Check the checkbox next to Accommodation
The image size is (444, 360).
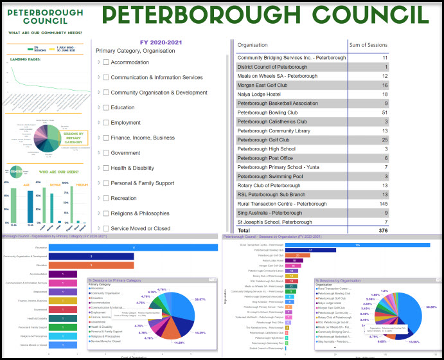tap(106, 62)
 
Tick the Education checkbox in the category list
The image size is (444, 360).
tap(106, 107)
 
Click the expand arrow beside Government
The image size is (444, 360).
tap(99, 152)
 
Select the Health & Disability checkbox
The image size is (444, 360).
tap(106, 168)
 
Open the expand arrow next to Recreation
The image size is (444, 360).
tap(99, 198)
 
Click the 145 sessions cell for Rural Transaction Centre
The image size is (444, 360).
tap(383, 203)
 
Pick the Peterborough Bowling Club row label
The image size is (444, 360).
tap(270, 113)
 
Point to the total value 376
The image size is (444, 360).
tap(383, 230)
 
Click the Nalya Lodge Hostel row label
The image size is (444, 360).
tap(263, 94)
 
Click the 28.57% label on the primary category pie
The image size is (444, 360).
tap(200, 300)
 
